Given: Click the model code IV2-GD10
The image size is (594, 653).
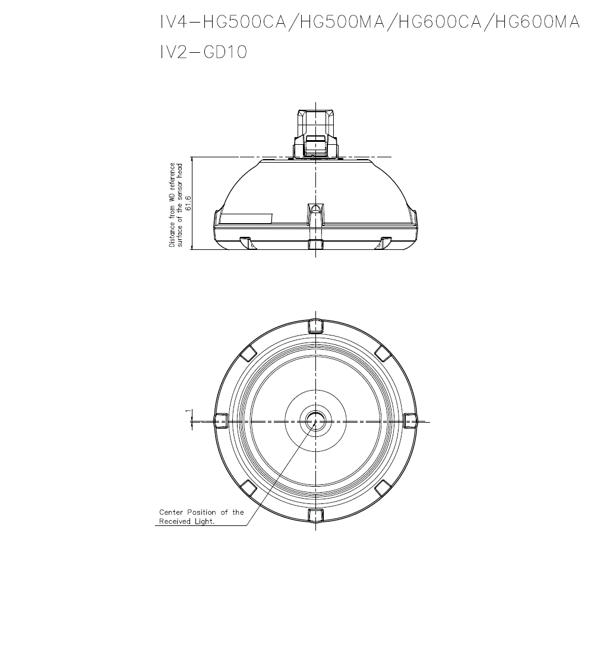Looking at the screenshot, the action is [203, 52].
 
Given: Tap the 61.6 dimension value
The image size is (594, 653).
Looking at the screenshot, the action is [188, 203].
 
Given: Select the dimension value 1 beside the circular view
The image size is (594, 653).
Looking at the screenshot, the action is [188, 411].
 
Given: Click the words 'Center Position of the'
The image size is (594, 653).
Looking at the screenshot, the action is [201, 512].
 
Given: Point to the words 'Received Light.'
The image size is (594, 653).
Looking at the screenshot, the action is [187, 521].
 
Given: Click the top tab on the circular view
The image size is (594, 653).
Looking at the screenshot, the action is [315, 326].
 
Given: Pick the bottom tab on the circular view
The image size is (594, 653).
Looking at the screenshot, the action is [315, 515].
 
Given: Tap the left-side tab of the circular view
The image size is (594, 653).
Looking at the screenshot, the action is [221, 421].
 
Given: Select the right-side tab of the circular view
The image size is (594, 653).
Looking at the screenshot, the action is [410, 421].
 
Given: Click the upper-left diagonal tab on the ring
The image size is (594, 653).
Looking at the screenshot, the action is [249, 354].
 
